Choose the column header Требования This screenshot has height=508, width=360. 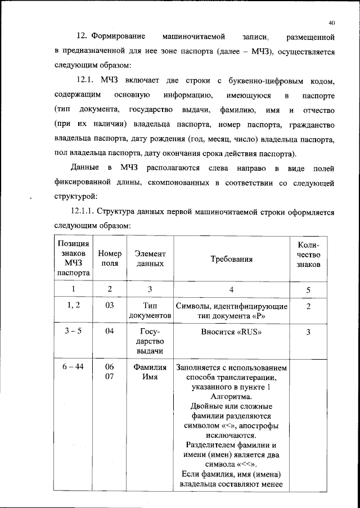click(x=231, y=259)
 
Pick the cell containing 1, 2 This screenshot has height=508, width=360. click(x=73, y=306)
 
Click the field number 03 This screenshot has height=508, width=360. click(x=110, y=306)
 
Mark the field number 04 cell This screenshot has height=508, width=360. click(x=110, y=332)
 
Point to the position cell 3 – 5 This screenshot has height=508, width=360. click(x=73, y=332)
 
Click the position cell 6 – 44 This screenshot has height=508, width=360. click(x=73, y=368)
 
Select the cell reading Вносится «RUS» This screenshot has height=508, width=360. click(x=231, y=332)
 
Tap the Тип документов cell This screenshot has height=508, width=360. click(x=150, y=311)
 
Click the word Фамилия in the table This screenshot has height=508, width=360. click(x=150, y=368)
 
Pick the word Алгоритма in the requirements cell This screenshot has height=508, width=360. click(x=231, y=396)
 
